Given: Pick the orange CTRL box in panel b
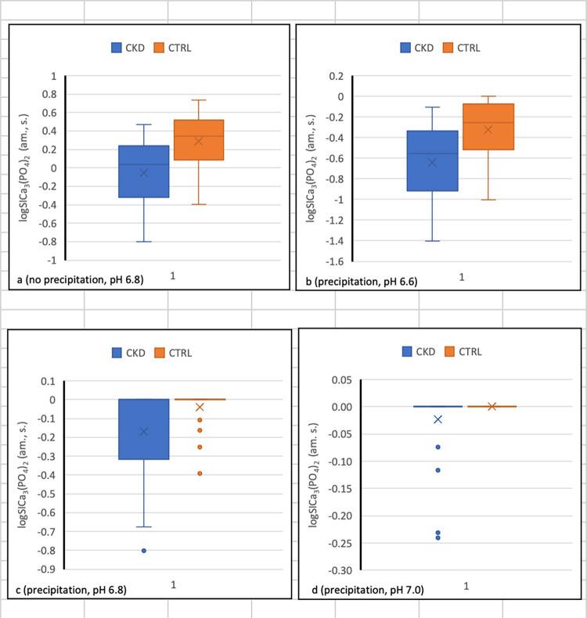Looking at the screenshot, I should coord(488,126).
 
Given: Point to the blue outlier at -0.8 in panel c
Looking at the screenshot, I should coord(144,551).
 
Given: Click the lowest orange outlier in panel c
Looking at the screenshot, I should coord(200,473).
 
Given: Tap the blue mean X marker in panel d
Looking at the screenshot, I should coord(438,419).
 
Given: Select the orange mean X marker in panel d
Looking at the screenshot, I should coord(492,406).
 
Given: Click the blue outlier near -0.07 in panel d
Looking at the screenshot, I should coord(438,447).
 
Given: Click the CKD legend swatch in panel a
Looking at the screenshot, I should coord(117,48).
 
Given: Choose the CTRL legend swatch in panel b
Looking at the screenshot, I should coord(449,48).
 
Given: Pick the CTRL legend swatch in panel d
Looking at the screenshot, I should coord(451,351).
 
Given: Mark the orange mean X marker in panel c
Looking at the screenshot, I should coord(200,407).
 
